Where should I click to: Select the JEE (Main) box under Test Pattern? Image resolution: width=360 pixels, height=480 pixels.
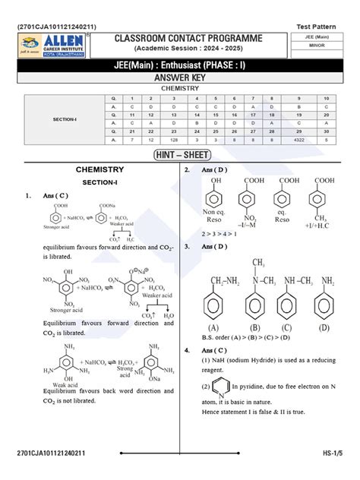(324, 36)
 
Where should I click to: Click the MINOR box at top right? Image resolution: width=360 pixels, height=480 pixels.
(324, 48)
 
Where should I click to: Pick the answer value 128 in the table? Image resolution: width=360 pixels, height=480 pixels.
(174, 140)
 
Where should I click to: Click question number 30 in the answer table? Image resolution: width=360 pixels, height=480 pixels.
(327, 130)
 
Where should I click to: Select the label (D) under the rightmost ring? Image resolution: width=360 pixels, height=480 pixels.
(324, 328)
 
